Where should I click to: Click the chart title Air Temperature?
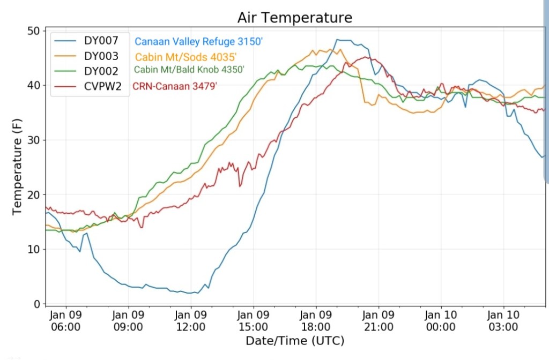[295, 18]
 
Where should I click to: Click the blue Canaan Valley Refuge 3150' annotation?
[198, 41]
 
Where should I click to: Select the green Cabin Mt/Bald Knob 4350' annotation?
[189, 70]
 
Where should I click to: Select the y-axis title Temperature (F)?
[17, 168]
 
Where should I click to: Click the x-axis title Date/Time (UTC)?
[294, 341]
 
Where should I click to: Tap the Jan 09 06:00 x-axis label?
[66, 320]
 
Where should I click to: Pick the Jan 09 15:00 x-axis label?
[253, 320]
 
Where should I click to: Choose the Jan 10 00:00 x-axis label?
[441, 320]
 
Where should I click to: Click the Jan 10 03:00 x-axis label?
[503, 320]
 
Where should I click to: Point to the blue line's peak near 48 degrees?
[343, 40]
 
